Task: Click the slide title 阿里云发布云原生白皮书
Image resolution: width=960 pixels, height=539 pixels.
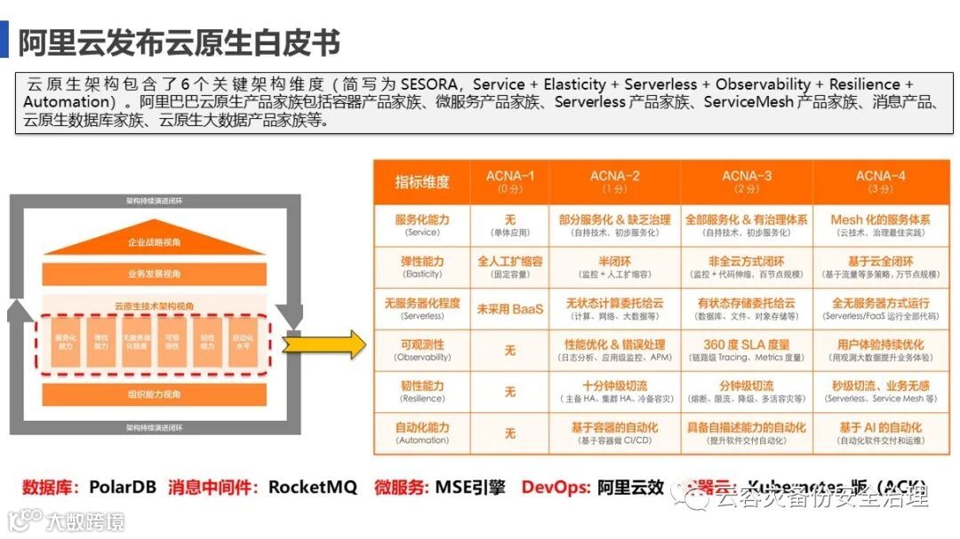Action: click(x=179, y=43)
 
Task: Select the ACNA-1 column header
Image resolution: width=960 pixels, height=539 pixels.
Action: click(x=509, y=181)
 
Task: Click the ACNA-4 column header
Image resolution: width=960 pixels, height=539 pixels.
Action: click(x=880, y=181)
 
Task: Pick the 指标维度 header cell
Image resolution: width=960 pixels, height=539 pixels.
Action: click(x=422, y=182)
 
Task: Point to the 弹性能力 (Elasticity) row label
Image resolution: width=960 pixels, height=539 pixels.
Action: click(x=422, y=266)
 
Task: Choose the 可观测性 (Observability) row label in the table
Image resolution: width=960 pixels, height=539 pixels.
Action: click(x=422, y=349)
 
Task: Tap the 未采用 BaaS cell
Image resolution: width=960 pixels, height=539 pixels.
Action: click(x=509, y=308)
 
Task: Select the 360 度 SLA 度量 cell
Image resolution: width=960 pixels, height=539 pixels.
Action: click(x=746, y=349)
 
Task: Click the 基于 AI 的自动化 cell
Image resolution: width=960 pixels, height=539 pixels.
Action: click(x=880, y=432)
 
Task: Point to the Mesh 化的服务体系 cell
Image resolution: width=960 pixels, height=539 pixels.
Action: click(x=880, y=225)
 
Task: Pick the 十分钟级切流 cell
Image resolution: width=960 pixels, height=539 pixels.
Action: click(x=613, y=391)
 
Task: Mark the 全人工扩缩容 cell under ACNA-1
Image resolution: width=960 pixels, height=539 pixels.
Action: click(x=509, y=266)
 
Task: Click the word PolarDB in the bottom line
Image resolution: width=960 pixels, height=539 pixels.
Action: click(x=123, y=487)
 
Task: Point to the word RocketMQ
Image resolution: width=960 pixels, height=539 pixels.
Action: click(x=313, y=487)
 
